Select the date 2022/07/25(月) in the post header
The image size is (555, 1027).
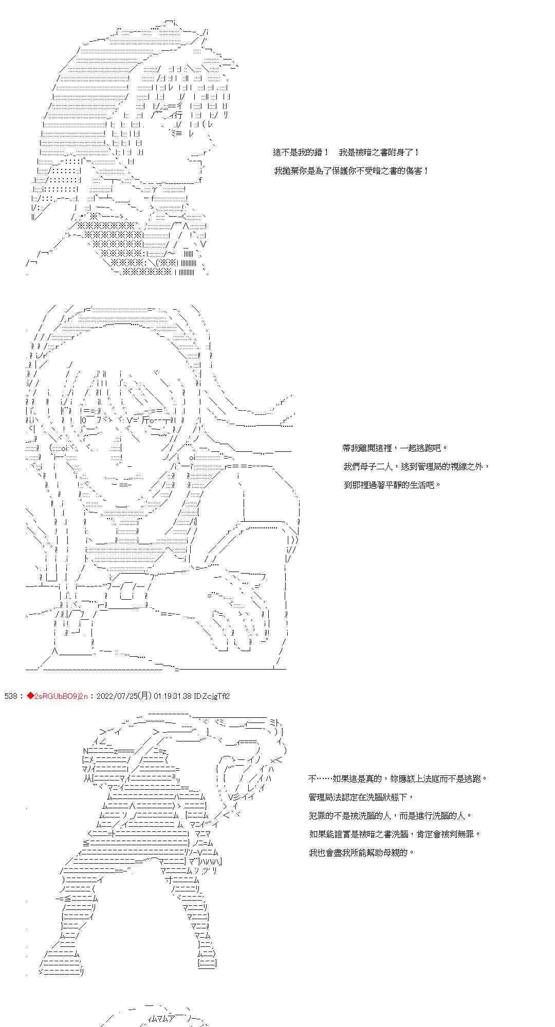[123, 696]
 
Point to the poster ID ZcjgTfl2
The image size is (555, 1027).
[215, 696]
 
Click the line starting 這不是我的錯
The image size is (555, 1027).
[346, 153]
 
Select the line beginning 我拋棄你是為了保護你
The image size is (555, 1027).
[351, 171]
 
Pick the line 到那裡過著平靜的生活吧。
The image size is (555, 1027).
[392, 485]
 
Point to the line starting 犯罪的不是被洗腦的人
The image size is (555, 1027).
[390, 815]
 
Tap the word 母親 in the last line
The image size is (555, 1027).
[400, 852]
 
